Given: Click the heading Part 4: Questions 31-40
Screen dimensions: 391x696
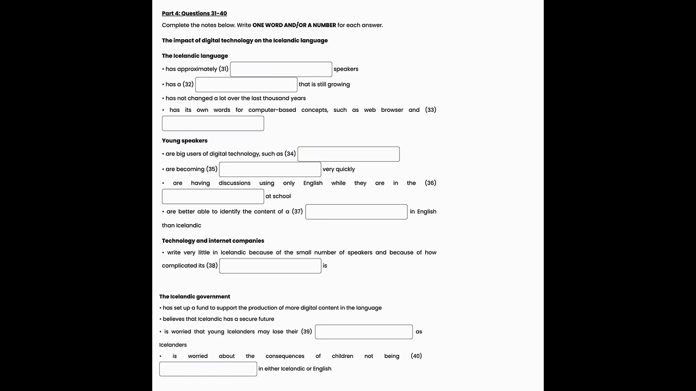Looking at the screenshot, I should click(x=194, y=13).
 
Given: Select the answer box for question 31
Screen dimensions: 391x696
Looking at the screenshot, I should click(x=281, y=69).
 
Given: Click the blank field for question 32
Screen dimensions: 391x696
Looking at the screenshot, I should click(x=246, y=84).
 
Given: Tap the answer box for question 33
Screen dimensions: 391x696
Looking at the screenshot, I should click(x=213, y=123).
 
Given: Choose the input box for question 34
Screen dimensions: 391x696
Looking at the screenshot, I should click(x=348, y=154).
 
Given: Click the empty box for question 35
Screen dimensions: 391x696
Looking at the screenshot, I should click(x=270, y=169).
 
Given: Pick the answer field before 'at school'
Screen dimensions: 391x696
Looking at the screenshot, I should click(x=213, y=196).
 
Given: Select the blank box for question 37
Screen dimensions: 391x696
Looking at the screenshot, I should click(x=356, y=212).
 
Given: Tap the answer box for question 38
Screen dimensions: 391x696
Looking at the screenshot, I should click(x=270, y=266).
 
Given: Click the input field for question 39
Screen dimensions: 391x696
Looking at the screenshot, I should click(x=363, y=332).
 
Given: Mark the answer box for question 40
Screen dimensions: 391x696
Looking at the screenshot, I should click(x=208, y=369).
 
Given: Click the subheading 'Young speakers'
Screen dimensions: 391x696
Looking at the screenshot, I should click(x=184, y=141).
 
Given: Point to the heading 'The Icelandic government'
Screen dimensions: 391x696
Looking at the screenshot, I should click(x=195, y=297).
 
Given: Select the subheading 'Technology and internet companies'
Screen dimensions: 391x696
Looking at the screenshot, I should click(x=213, y=241).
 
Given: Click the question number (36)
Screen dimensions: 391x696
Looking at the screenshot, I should click(x=430, y=183).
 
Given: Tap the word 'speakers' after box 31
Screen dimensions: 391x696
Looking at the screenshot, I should click(x=346, y=69).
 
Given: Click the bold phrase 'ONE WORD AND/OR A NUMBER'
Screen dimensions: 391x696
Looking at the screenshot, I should click(x=294, y=25).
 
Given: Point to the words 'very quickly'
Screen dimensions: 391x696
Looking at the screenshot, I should click(x=339, y=169).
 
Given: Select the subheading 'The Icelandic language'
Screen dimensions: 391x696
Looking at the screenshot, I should click(x=195, y=56).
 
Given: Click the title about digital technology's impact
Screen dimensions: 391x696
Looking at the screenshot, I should click(x=245, y=40).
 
